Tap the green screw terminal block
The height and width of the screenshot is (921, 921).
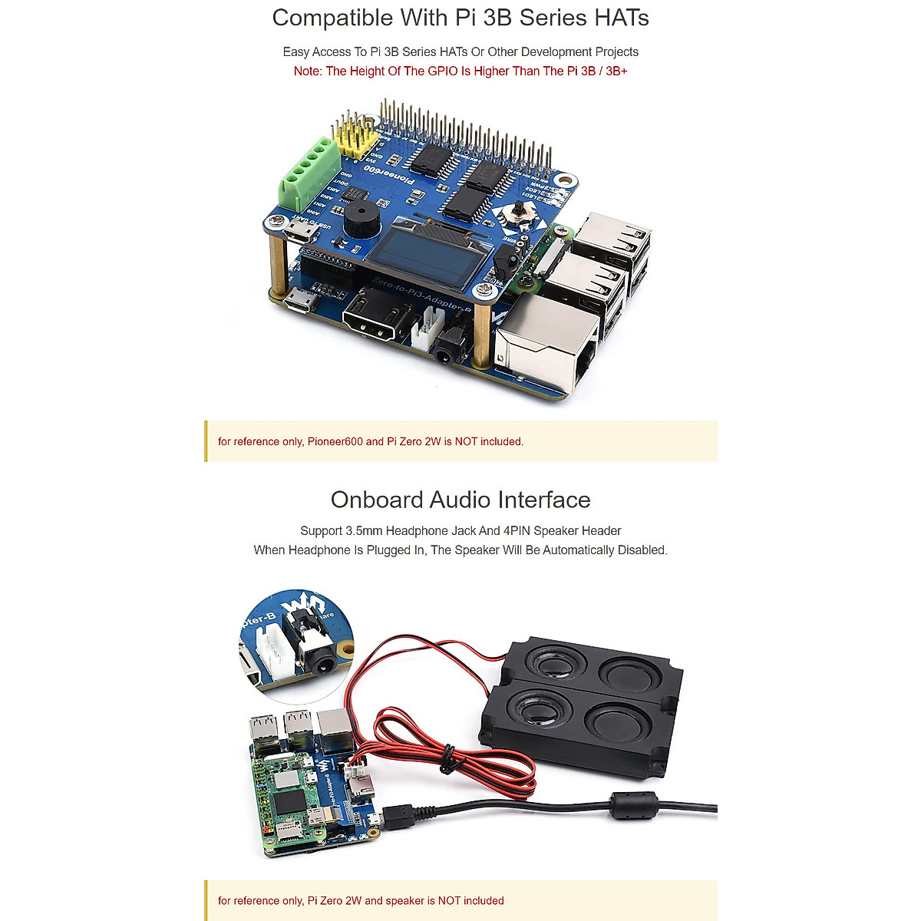pyautogui.click(x=311, y=173)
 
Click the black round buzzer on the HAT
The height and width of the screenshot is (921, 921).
pyautogui.click(x=360, y=220)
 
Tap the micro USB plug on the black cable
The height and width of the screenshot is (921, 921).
pyautogui.click(x=400, y=816)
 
